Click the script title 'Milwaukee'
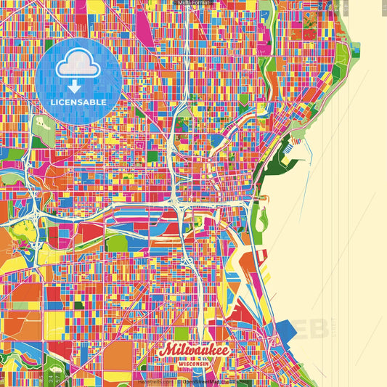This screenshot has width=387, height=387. coord(195,350)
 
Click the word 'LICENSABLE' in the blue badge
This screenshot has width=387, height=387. coord(78,102)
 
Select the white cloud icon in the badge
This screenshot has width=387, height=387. coord(78,68)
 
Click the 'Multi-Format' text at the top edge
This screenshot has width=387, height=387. coord(193,3)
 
